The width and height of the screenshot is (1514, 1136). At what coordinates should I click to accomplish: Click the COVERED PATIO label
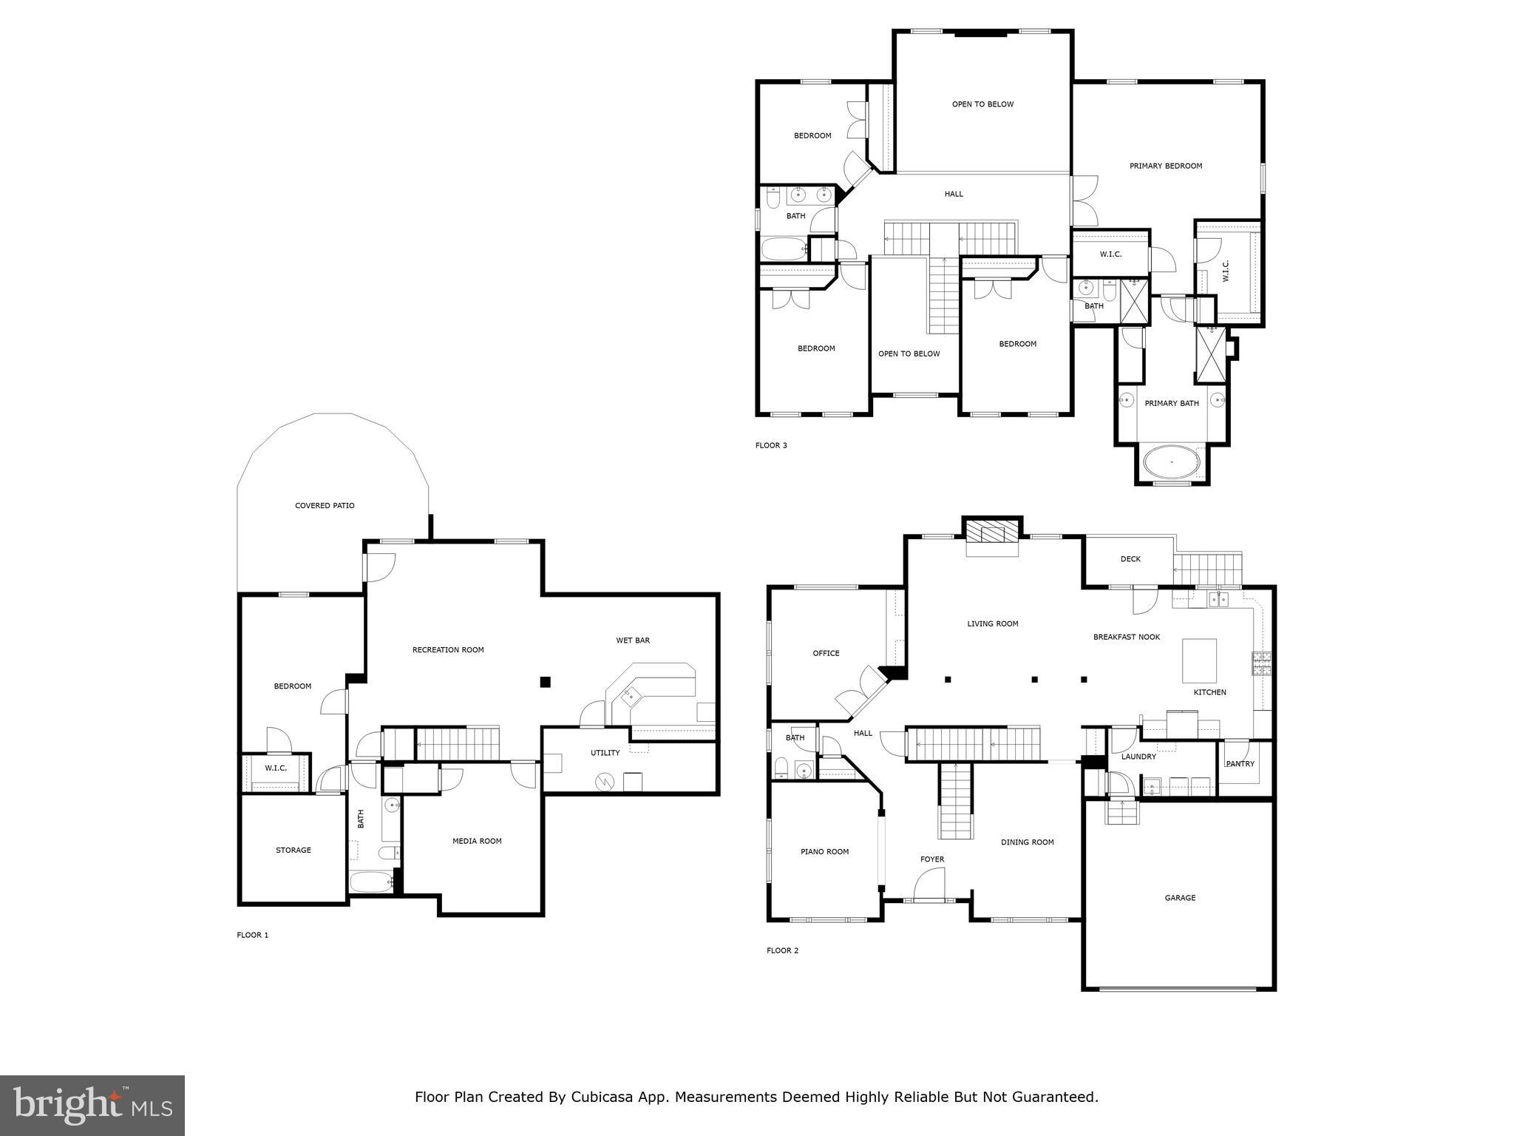tap(325, 506)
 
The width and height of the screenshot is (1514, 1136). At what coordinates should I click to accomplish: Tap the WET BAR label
tap(633, 640)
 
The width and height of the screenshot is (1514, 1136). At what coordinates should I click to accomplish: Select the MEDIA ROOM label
tap(477, 841)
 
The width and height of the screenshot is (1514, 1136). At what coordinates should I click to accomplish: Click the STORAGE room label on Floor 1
tap(293, 850)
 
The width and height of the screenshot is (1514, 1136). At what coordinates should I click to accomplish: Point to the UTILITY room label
tap(605, 753)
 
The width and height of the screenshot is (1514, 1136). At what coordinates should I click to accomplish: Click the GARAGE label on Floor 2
tap(1180, 898)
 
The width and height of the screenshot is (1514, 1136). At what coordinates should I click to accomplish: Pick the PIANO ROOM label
tap(825, 851)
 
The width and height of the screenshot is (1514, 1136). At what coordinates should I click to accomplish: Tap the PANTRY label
tap(1240, 764)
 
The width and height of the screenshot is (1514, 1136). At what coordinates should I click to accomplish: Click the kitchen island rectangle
tap(1199, 660)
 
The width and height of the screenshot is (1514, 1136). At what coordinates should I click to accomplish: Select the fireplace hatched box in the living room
tap(993, 532)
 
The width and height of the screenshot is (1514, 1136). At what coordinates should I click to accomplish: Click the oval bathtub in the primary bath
tap(1172, 462)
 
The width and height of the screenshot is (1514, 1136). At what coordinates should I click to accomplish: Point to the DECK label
tap(1130, 559)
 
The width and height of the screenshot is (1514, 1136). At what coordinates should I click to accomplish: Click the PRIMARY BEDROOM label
tap(1166, 166)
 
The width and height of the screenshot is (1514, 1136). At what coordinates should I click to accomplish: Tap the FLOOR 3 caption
tap(771, 445)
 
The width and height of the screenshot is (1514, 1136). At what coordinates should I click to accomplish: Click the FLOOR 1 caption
tap(253, 935)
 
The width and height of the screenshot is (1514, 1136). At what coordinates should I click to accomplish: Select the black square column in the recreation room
tap(545, 682)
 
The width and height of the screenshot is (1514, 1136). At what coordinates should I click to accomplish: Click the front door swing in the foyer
tap(930, 885)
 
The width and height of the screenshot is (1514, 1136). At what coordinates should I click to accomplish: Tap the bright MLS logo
tap(92, 1105)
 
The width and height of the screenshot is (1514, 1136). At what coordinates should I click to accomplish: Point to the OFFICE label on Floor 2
tap(826, 653)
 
